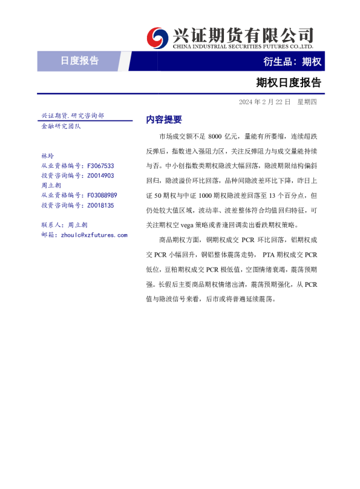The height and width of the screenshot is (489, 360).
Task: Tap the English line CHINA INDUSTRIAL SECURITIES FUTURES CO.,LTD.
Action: pyautogui.click(x=243, y=46)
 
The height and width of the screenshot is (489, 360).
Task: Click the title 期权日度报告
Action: pyautogui.click(x=288, y=82)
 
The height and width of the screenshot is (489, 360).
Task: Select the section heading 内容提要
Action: pyautogui.click(x=163, y=119)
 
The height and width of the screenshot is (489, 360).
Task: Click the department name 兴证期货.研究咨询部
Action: pyautogui.click(x=73, y=115)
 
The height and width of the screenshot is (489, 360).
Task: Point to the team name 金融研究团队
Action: pyautogui.click(x=61, y=126)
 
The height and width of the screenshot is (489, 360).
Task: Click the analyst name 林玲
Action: pyautogui.click(x=47, y=156)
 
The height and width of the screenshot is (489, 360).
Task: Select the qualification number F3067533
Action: pyautogui.click(x=100, y=165)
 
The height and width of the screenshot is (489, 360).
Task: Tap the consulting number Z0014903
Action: pyautogui.click(x=100, y=176)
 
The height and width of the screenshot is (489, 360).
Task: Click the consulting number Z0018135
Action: pyautogui.click(x=100, y=206)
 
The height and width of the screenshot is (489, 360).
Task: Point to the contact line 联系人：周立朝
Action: pyautogui.click(x=64, y=225)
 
